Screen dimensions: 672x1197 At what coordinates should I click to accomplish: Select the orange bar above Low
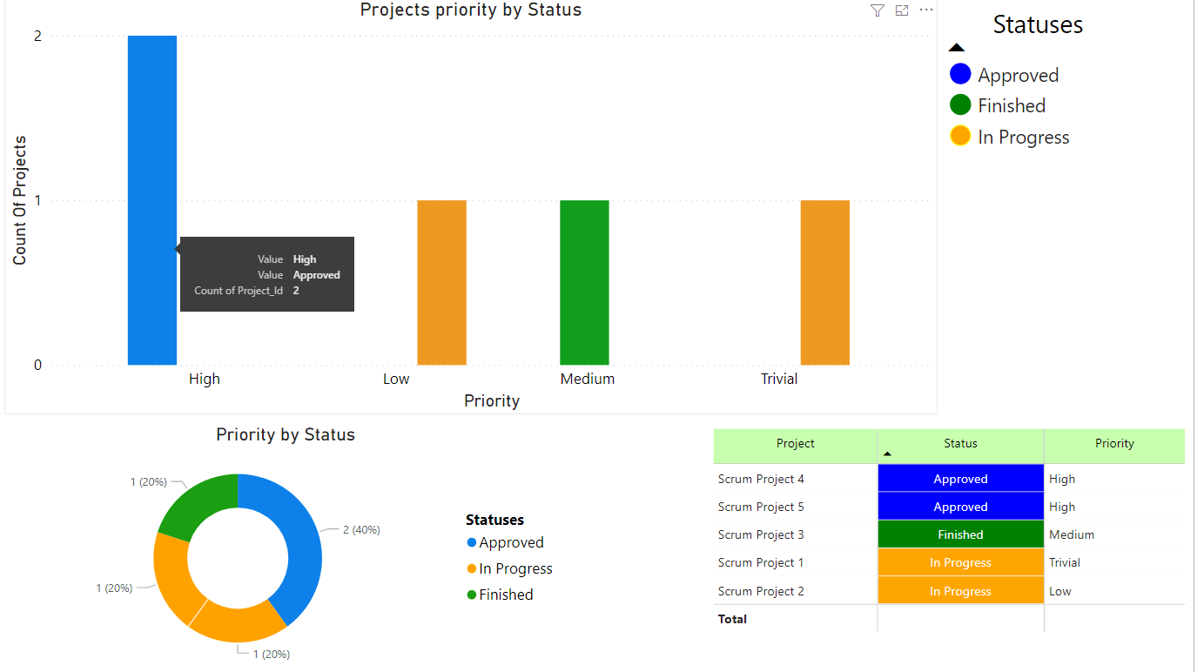click(441, 283)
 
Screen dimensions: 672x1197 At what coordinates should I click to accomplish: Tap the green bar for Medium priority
click(584, 283)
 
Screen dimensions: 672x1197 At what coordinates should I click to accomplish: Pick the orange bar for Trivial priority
click(824, 283)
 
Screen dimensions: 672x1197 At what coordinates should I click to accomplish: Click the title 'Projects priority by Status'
click(471, 10)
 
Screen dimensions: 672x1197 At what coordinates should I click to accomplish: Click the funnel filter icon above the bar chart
click(877, 10)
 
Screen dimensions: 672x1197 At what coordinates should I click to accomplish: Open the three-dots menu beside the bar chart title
click(926, 10)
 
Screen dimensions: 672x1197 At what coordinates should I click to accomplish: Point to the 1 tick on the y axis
click(37, 200)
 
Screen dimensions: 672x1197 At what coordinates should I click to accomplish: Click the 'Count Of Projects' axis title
click(19, 200)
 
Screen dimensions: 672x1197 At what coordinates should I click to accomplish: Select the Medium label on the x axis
click(588, 379)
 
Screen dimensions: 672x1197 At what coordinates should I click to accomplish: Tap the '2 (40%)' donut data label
click(361, 529)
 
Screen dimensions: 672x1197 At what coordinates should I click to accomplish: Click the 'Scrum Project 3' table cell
click(761, 534)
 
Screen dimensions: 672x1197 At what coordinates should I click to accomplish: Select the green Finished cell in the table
click(960, 534)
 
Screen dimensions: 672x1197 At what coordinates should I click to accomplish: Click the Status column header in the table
click(960, 444)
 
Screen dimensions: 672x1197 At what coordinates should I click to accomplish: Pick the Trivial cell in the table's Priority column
click(1065, 563)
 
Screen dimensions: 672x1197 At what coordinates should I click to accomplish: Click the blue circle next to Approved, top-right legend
click(960, 75)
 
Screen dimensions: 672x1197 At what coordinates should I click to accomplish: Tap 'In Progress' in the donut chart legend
click(515, 568)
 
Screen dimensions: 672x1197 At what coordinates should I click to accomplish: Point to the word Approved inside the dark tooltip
click(316, 275)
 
